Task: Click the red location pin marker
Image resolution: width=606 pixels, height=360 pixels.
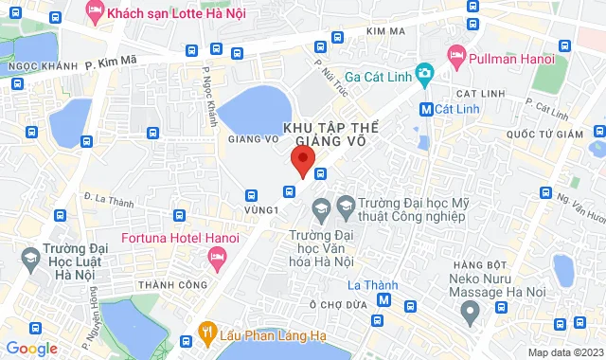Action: [x=302, y=161]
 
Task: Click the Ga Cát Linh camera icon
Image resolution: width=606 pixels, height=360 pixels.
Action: [x=424, y=73]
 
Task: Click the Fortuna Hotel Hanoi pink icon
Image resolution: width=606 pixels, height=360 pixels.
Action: [x=218, y=254]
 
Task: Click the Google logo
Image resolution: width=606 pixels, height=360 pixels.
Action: [x=30, y=349]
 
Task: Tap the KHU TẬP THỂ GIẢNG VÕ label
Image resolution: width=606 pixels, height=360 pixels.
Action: [x=324, y=134]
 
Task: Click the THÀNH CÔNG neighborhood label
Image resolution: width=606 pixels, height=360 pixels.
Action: [x=172, y=284]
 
